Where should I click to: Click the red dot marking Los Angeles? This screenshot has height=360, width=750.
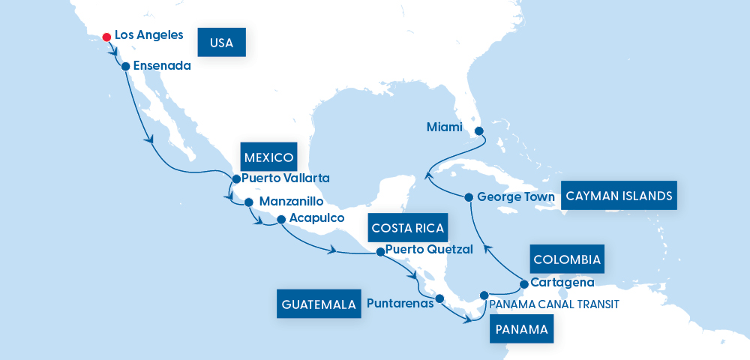(x=107, y=36)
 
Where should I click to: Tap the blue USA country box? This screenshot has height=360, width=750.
(x=221, y=43)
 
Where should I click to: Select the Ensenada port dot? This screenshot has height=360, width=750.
(x=125, y=66)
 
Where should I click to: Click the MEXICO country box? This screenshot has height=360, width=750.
(x=268, y=157)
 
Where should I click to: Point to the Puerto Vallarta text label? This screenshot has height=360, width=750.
(x=286, y=178)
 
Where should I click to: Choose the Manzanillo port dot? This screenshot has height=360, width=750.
(x=248, y=202)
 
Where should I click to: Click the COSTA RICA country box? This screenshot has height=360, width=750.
(x=408, y=227)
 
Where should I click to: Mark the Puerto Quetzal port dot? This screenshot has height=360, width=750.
(x=379, y=252)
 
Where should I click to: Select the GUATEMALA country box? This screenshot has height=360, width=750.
(x=319, y=304)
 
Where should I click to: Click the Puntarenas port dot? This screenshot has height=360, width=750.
(x=439, y=298)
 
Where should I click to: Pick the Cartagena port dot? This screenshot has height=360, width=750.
(x=523, y=284)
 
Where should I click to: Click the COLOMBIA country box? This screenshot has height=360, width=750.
(x=567, y=259)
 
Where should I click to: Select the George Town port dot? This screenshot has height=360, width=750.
(x=469, y=198)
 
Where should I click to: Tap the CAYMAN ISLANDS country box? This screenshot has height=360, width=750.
(x=619, y=196)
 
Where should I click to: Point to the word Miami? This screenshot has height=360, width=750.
(x=445, y=127)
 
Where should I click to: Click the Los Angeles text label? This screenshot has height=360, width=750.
(x=148, y=35)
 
